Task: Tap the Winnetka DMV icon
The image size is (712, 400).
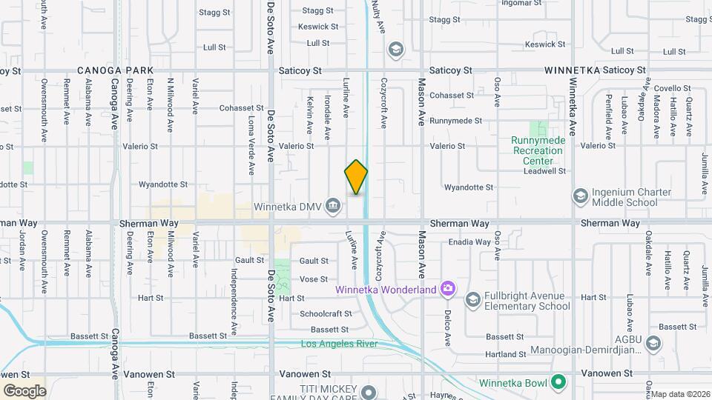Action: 334,205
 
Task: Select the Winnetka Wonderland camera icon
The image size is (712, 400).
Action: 447,289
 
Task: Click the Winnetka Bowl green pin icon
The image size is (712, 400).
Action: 558,382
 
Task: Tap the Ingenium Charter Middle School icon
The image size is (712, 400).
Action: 581,196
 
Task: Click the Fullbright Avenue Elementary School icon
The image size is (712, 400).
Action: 472,299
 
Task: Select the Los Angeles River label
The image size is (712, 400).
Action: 339,344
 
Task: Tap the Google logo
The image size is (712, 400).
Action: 24,390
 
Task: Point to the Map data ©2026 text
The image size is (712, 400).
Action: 680,393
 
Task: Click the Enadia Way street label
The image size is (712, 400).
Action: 469,241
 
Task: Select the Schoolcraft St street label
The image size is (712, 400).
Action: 326,313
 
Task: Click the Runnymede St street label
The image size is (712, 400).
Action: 455,120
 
